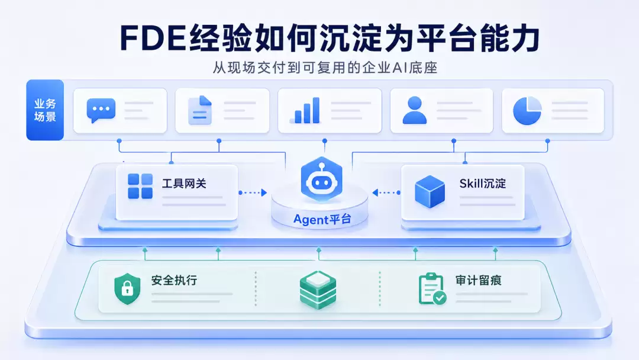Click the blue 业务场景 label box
tap(45, 110)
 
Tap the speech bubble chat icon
tap(101, 110)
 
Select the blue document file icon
tap(200, 110)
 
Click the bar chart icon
tap(305, 110)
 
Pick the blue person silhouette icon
tap(414, 110)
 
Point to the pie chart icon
tap(527, 111)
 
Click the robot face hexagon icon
tap(321, 179)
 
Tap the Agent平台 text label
tap(322, 219)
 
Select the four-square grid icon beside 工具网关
tap(140, 186)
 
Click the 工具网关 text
tap(184, 184)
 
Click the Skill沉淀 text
tap(483, 184)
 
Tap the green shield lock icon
tap(127, 289)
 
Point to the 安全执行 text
tap(174, 280)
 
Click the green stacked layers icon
tap(318, 290)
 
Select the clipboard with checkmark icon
tap(432, 289)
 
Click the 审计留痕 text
tap(479, 280)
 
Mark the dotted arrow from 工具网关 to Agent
tap(253, 192)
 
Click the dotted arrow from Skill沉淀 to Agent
tap(386, 192)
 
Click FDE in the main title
tap(153, 38)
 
